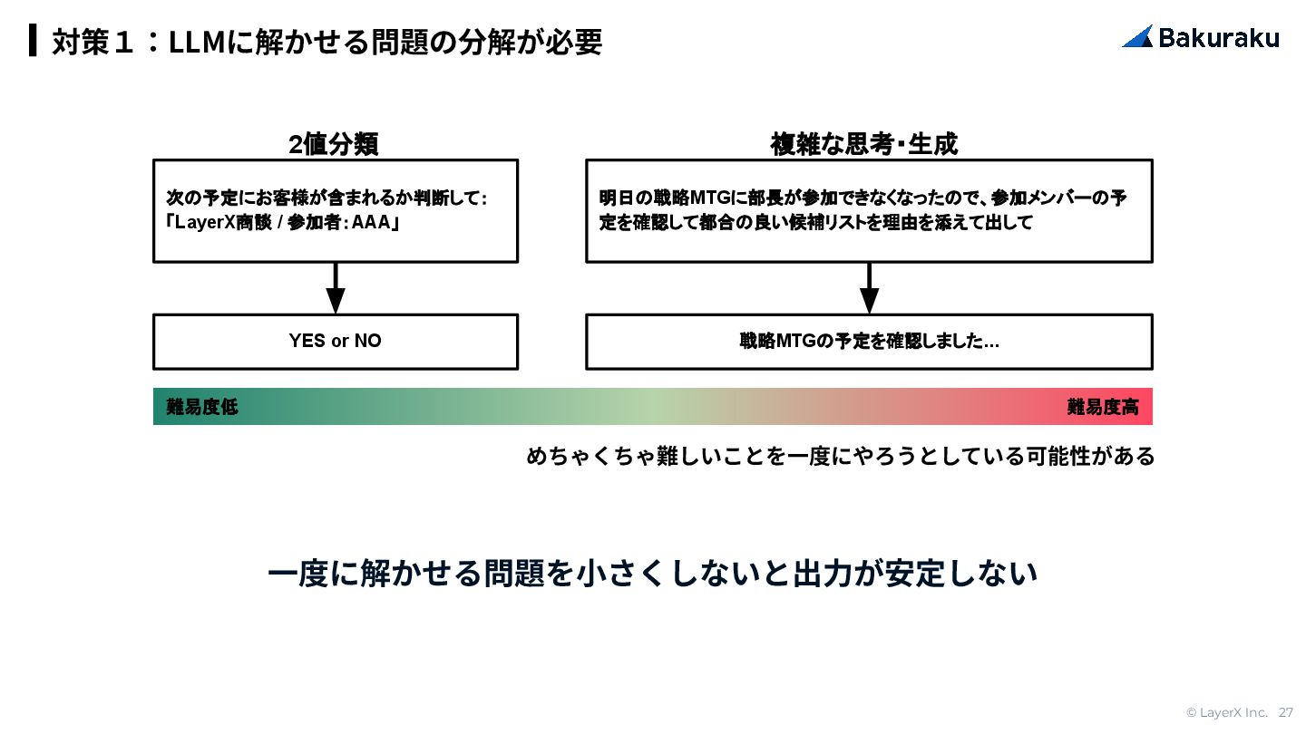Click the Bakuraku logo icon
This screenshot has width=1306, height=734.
[x=1137, y=36]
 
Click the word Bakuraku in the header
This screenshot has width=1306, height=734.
[x=1219, y=37]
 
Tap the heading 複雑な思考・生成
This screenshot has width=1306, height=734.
[x=863, y=144]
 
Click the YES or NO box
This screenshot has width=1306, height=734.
[x=336, y=342]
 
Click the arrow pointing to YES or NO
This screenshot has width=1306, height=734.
[x=336, y=290]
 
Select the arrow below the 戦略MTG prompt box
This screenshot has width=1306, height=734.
[x=869, y=290]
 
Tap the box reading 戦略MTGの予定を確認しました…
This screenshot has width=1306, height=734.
[x=869, y=342]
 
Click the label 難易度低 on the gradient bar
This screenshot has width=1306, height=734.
[x=201, y=407]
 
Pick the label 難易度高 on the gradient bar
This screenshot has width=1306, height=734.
[x=1102, y=407]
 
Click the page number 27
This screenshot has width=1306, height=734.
[x=1286, y=712]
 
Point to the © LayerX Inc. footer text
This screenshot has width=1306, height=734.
[x=1226, y=712]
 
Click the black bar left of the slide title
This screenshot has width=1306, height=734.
[x=34, y=41]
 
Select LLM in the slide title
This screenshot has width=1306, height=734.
[x=197, y=42]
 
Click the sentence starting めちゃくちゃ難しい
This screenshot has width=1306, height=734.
[x=840, y=456]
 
